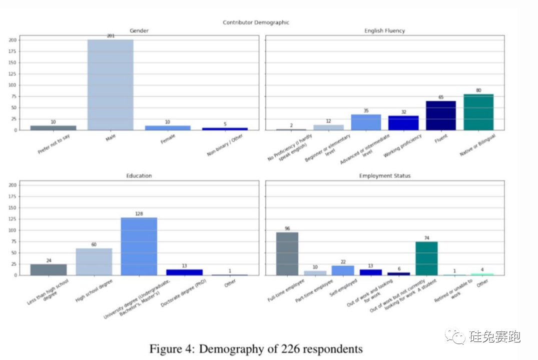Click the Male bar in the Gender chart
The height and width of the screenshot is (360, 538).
point(111,84)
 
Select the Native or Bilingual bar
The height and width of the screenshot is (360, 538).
point(478,112)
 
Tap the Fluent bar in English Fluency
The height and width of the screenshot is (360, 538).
point(441,115)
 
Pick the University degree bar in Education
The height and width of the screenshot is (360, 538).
point(139,246)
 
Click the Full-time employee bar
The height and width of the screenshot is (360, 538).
point(287,253)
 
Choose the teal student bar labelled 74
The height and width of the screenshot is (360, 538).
point(426,258)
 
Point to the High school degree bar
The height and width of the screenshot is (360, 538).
point(94,261)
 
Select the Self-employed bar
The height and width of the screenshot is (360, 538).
point(343,270)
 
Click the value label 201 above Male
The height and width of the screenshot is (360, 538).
point(111,36)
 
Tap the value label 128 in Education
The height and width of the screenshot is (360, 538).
point(139,214)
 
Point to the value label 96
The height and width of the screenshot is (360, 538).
point(287,228)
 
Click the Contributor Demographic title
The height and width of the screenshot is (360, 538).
point(256,22)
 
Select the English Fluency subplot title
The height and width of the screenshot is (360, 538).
point(384,31)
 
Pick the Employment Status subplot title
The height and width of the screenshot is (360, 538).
point(384,176)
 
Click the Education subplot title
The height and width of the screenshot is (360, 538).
point(139,176)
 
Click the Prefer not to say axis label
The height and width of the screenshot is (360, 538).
point(54,144)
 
